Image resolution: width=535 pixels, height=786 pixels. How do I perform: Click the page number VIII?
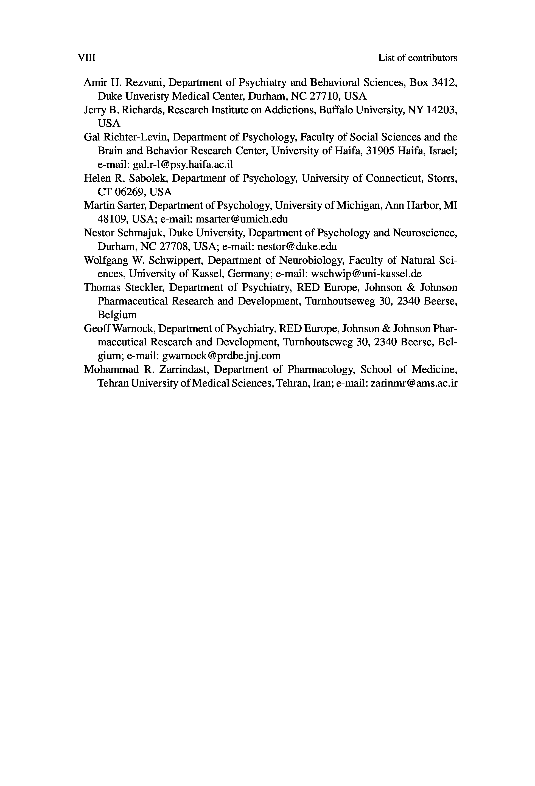coord(87,58)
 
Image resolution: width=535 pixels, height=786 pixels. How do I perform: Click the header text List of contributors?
coord(417,58)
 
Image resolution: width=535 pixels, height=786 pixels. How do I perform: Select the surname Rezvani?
coord(144,83)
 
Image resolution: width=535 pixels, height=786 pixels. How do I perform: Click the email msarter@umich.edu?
coord(242,219)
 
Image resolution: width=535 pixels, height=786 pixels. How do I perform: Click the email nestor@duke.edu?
coord(297,247)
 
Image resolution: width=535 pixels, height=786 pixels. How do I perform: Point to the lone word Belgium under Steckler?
coord(117,315)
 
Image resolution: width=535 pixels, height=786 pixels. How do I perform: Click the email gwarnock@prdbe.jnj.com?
coord(221,356)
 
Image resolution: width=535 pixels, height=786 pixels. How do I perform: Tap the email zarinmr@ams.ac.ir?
coord(414,383)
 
